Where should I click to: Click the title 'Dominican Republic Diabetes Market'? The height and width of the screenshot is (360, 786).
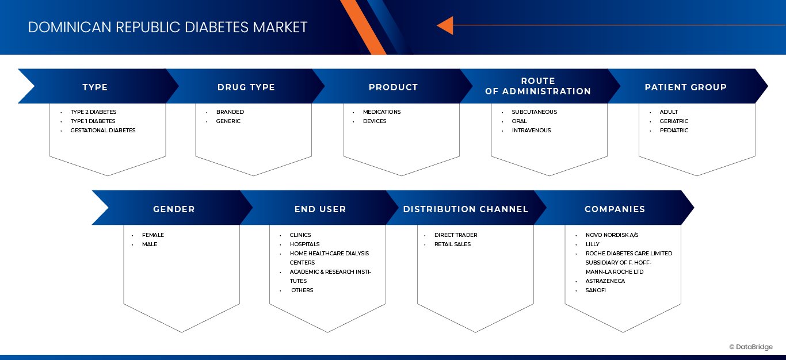pos(167,28)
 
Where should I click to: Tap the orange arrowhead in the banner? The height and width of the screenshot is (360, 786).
pos(445,25)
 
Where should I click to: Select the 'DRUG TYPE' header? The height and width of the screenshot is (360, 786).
pos(246,87)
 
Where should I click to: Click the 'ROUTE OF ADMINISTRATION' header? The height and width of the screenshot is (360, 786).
pos(538,86)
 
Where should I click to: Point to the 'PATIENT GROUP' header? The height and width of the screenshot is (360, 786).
pos(686,87)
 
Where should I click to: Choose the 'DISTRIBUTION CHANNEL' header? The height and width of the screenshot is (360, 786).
pos(466,209)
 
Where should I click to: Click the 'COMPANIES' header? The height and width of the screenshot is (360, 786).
pos(615,209)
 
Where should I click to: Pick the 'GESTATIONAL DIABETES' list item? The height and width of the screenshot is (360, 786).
pos(103,131)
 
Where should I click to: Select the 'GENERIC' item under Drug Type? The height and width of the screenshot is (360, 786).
pos(228,121)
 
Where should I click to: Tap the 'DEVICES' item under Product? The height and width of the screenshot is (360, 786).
pos(375,121)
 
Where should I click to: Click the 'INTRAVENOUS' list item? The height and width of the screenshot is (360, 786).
pos(531,131)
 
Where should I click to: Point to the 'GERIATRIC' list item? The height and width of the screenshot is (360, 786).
pos(674,121)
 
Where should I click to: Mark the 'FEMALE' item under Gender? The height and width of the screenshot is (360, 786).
pos(153,235)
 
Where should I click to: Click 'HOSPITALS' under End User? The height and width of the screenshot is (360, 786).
pos(304,244)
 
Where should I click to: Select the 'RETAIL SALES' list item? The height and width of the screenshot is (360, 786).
pos(452,244)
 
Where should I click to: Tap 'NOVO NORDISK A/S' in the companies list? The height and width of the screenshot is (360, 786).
pos(612,235)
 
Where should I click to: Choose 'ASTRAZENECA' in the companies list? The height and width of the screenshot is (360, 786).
pos(605,281)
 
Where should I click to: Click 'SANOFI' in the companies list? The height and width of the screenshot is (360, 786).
pos(596,290)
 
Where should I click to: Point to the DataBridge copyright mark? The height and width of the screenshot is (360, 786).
pos(751,347)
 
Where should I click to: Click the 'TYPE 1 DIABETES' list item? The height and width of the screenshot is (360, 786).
pos(93,121)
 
